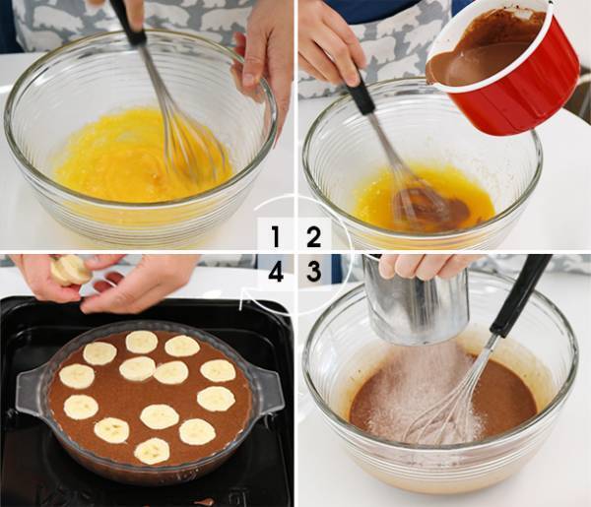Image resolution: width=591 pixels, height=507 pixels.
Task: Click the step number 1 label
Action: (276, 237)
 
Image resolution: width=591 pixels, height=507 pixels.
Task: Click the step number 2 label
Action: (313, 237)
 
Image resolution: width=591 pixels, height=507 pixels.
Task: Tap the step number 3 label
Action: (313, 272)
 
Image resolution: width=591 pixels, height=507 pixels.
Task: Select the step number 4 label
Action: (276, 272)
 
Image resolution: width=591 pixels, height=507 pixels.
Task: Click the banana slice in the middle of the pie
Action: (169, 372)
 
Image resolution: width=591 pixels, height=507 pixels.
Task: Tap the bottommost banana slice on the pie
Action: (152, 451)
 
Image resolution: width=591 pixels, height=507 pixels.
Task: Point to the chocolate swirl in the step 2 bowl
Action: (424, 207)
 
